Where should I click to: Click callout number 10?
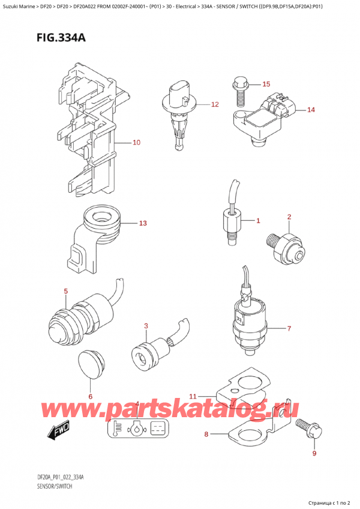pos(136,143)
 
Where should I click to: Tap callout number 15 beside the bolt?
pos(266,84)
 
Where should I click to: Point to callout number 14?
pos(310,110)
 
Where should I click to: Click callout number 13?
pos(142,224)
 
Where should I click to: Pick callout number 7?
pos(289,328)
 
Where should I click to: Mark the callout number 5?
pos(65,292)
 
